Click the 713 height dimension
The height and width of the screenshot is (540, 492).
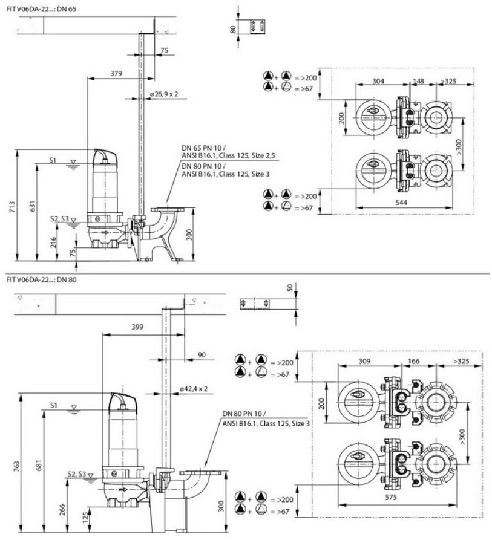(x=12, y=206)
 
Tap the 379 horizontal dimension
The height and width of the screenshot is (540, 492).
(x=116, y=73)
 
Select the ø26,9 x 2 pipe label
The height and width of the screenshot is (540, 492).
(x=164, y=94)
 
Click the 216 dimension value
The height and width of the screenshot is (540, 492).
(x=53, y=242)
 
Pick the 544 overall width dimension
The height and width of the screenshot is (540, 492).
(x=401, y=203)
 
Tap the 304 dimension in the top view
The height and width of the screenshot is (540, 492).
(x=378, y=81)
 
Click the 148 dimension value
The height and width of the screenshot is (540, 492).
(x=418, y=81)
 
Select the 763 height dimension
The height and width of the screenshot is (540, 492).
(x=17, y=466)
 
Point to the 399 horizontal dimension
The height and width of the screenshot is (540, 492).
(x=137, y=327)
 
